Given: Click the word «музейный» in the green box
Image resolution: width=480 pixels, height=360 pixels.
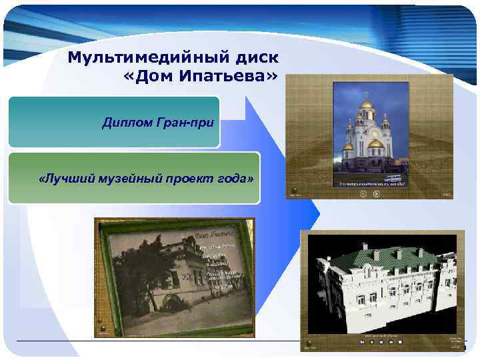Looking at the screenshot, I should [x=142, y=179].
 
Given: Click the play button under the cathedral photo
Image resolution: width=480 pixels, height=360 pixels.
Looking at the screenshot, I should [x=376, y=194].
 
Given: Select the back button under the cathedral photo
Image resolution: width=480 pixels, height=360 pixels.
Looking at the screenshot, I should [x=363, y=194].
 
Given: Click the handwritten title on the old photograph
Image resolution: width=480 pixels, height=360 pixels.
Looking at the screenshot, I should [x=217, y=235].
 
